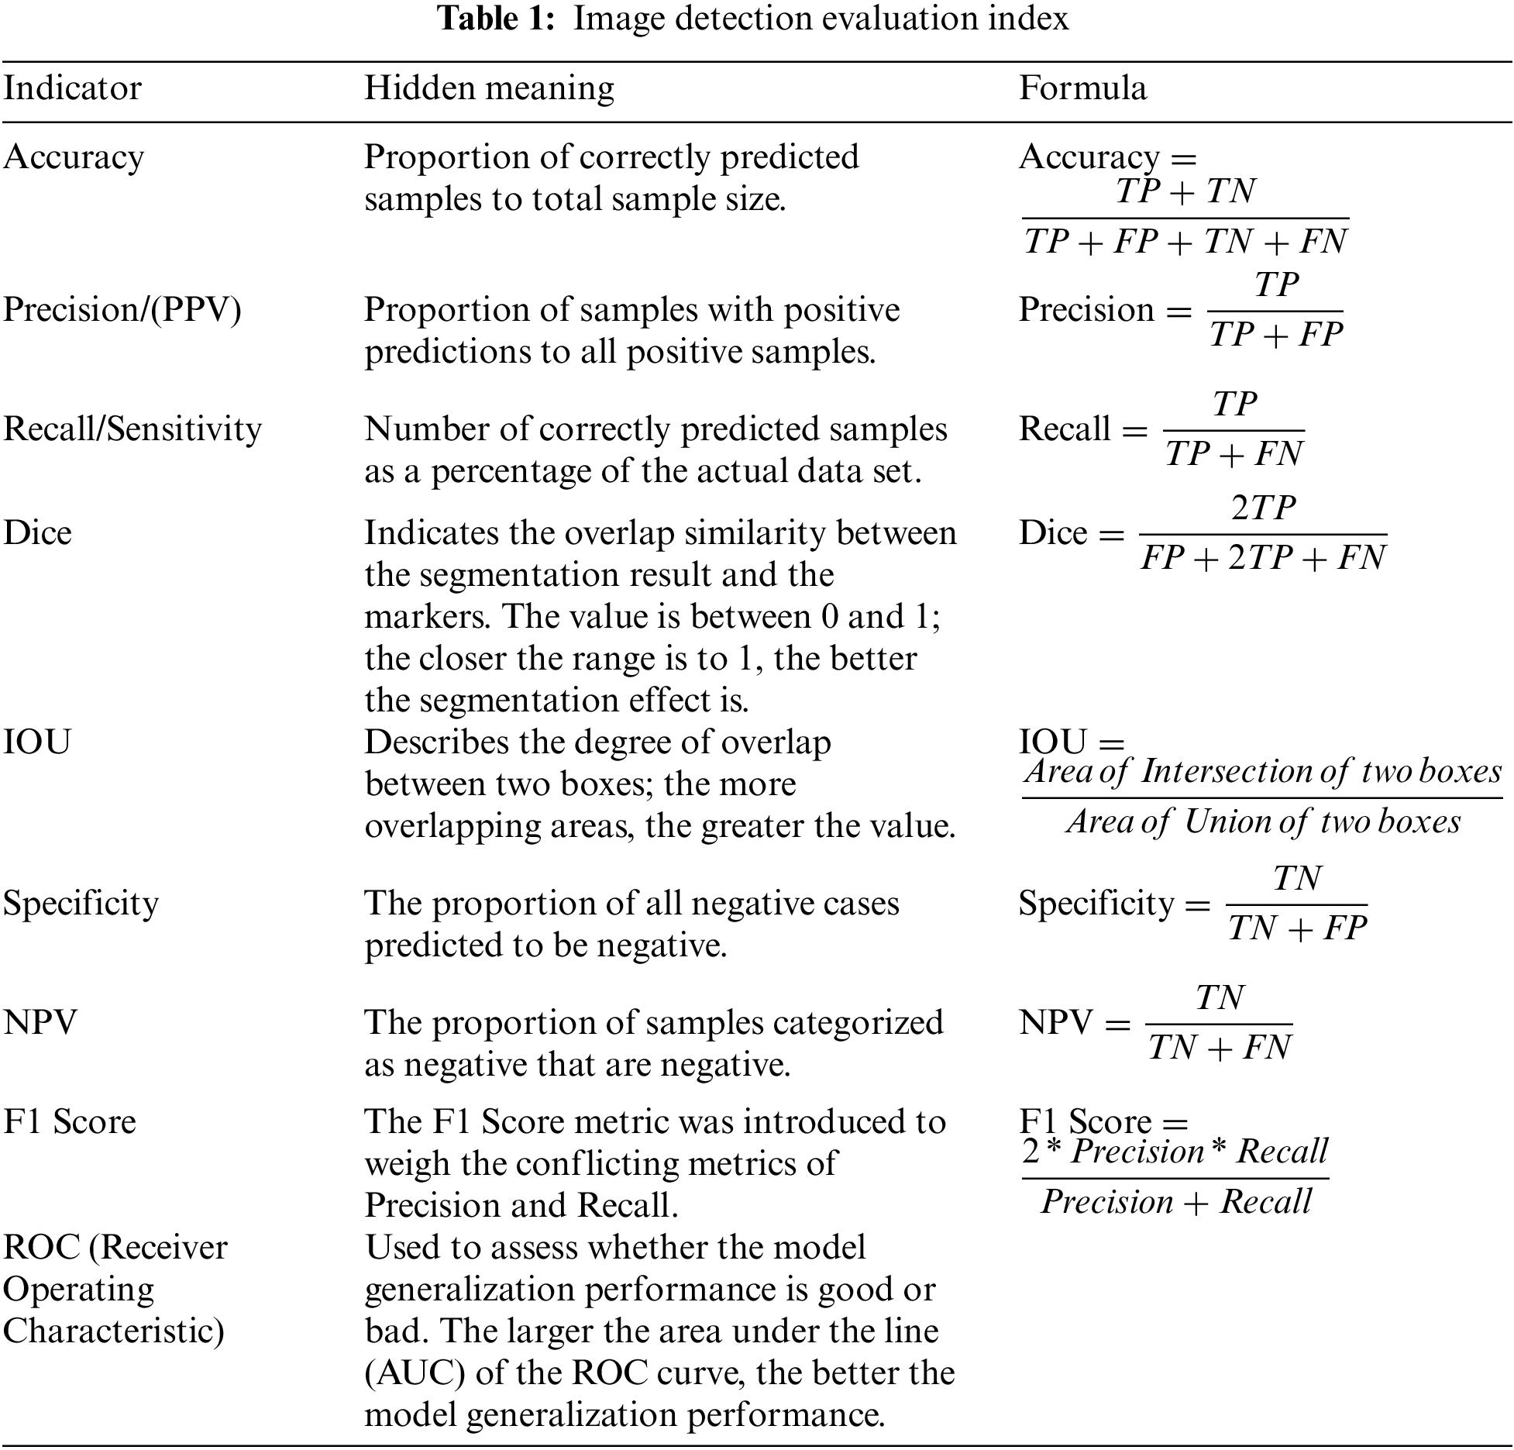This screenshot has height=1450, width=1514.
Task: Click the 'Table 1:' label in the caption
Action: (497, 19)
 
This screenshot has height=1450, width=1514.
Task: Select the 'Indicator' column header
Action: (72, 88)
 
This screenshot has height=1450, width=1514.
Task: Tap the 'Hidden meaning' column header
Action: (489, 88)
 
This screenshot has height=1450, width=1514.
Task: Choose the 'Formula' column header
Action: (1082, 88)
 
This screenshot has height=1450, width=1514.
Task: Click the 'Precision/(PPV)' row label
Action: (122, 310)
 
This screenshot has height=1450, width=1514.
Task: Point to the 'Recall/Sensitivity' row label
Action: (132, 429)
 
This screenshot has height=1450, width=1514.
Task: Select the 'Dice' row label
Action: (37, 533)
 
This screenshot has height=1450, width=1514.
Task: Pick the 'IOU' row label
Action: (37, 742)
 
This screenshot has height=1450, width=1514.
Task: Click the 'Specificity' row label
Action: (81, 904)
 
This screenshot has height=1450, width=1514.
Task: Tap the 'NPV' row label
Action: (40, 1023)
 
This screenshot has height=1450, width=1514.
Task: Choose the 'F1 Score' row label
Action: (70, 1122)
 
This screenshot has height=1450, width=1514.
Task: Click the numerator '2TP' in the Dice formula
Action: (1263, 508)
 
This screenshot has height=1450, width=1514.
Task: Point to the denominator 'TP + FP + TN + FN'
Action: (1185, 241)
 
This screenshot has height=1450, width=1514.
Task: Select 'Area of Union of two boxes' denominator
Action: (1263, 821)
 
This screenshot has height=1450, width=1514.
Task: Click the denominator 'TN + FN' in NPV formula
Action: (1220, 1048)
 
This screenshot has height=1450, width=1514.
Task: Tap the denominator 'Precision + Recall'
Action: (1175, 1202)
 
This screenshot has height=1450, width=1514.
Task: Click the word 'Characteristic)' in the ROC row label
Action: (114, 1331)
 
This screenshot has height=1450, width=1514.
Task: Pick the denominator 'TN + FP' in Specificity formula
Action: (1297, 928)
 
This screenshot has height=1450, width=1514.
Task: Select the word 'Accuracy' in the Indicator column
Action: (74, 157)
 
